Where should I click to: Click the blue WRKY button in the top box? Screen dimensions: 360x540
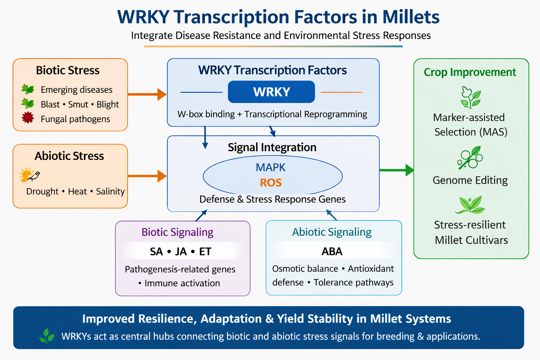click(x=271, y=92)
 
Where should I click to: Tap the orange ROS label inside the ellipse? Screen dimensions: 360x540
click(x=271, y=183)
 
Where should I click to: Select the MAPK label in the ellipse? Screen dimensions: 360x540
click(x=271, y=167)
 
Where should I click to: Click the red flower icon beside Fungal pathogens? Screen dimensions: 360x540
click(x=28, y=117)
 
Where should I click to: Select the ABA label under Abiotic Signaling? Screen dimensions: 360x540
click(x=332, y=251)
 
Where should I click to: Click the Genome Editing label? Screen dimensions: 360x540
click(x=470, y=180)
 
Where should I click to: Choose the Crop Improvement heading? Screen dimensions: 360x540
click(x=470, y=72)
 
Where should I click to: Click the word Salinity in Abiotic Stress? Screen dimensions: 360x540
click(x=110, y=191)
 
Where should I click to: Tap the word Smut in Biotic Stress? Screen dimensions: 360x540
click(x=78, y=104)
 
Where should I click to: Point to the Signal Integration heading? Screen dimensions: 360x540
click(x=272, y=147)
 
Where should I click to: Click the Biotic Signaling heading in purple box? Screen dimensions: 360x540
click(x=177, y=232)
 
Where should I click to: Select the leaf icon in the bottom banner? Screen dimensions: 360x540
click(x=47, y=336)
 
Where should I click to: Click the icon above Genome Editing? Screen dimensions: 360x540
click(x=470, y=158)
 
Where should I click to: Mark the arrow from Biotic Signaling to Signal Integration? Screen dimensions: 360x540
click(x=201, y=215)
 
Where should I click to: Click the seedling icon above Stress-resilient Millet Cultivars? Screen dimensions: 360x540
click(x=470, y=205)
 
